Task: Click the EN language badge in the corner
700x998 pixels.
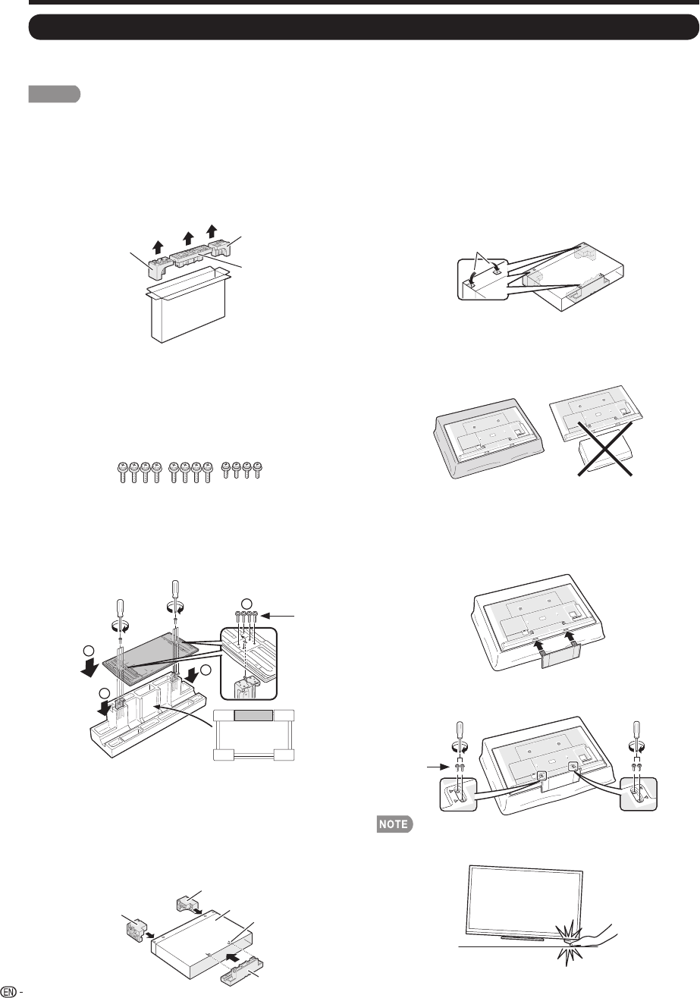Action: (9, 990)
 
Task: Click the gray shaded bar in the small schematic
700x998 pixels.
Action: (254, 715)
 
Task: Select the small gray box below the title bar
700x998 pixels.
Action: (55, 94)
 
